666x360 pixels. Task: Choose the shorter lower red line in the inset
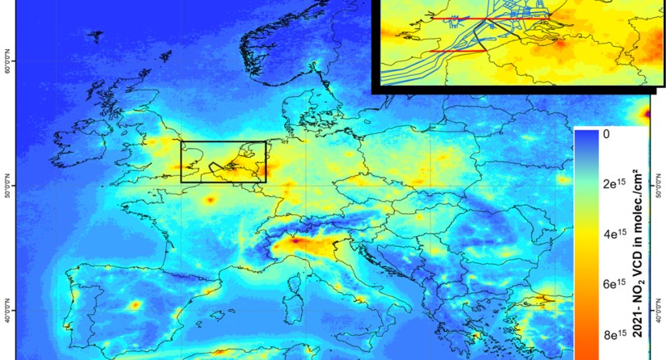(x=458, y=51)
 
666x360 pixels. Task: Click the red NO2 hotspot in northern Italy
(x=295, y=240)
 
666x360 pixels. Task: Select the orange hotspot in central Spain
(x=135, y=304)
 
